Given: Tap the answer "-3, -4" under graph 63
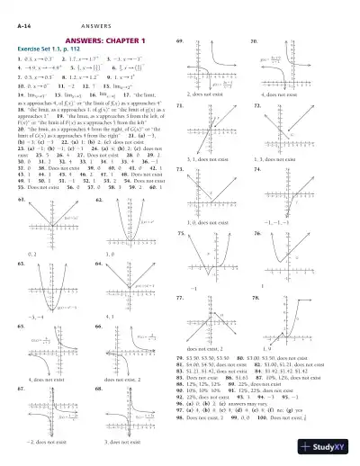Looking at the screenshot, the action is click(x=36, y=317).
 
